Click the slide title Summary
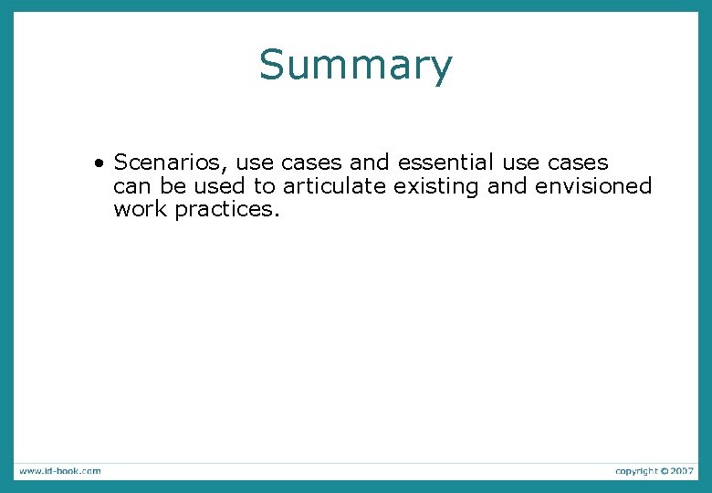point(355,66)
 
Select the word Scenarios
point(170,163)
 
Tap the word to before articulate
point(265,187)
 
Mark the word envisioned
point(594,187)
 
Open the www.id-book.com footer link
point(59,471)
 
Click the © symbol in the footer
point(665,471)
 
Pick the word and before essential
point(370,163)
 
